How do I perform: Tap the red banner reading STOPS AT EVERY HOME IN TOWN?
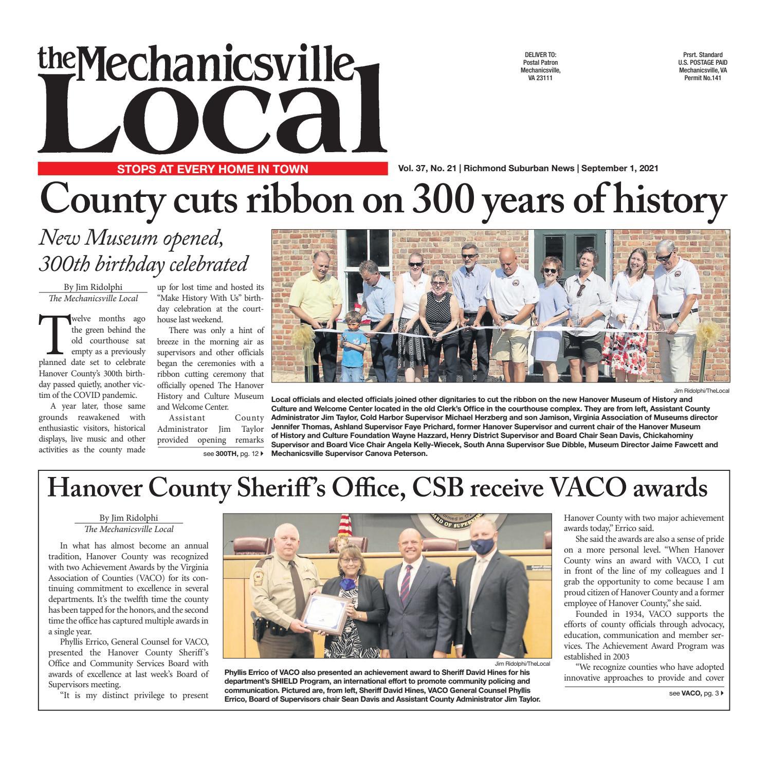[x=212, y=169]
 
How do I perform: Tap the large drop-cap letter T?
[x=53, y=333]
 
